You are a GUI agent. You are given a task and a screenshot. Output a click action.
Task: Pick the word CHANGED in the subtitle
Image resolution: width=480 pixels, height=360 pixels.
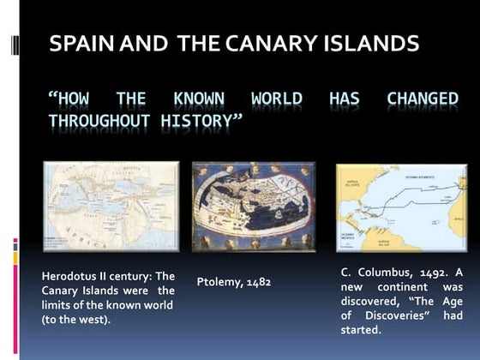423,99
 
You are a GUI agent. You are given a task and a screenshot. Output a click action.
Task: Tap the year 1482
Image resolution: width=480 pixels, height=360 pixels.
256,281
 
